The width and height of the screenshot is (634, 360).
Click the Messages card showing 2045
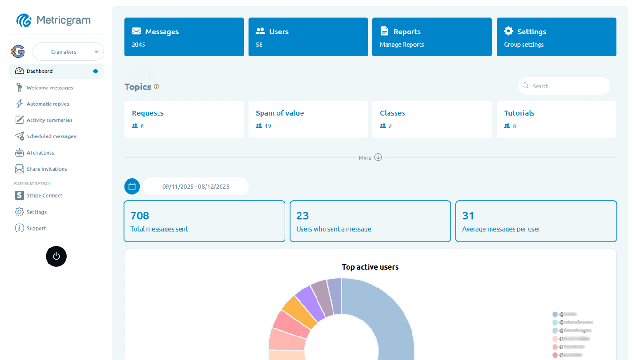coord(184,37)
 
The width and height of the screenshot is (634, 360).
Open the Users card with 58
coord(308,37)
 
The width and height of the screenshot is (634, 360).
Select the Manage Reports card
coord(432,37)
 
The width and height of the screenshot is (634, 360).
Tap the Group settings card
coord(556,37)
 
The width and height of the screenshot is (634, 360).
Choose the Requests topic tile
coord(184,119)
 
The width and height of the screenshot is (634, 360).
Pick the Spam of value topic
coord(308,119)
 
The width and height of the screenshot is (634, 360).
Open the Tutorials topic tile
coord(556,119)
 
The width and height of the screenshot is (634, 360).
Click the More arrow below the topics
coord(378,158)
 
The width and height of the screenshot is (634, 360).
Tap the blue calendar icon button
coord(132,186)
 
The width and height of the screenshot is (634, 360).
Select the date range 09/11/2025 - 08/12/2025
coord(196,186)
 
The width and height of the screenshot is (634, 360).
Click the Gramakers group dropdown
coord(68,52)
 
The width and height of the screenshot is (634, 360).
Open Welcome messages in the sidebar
coord(50,88)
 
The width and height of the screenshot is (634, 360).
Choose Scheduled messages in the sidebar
coord(51,136)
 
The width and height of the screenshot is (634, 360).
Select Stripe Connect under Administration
coord(44,195)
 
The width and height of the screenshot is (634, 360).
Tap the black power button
coord(56,256)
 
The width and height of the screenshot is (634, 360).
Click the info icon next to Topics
coord(157,87)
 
